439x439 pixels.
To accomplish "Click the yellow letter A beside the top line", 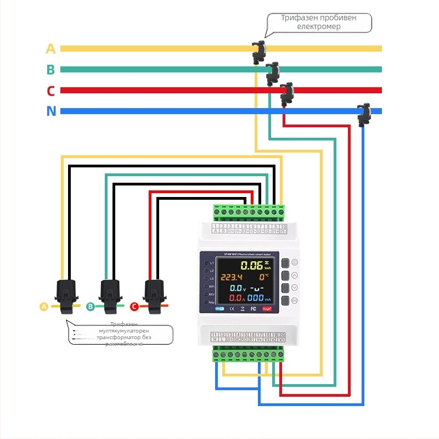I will [50, 49].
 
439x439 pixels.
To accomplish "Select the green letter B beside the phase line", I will [50, 70].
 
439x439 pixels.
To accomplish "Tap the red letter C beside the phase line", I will [50, 91].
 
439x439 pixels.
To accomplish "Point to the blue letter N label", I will [51, 111].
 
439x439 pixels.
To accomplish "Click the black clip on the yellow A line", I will [258, 50].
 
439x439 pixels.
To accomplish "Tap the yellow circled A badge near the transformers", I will [44, 307].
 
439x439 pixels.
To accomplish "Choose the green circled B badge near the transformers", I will [90, 307].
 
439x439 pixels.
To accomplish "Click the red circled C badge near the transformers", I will [134, 307].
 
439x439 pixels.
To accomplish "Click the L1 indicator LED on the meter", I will [205, 263].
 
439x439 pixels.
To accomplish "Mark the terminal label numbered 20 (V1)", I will [282, 337].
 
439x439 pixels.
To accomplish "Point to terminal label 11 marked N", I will [214, 337].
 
